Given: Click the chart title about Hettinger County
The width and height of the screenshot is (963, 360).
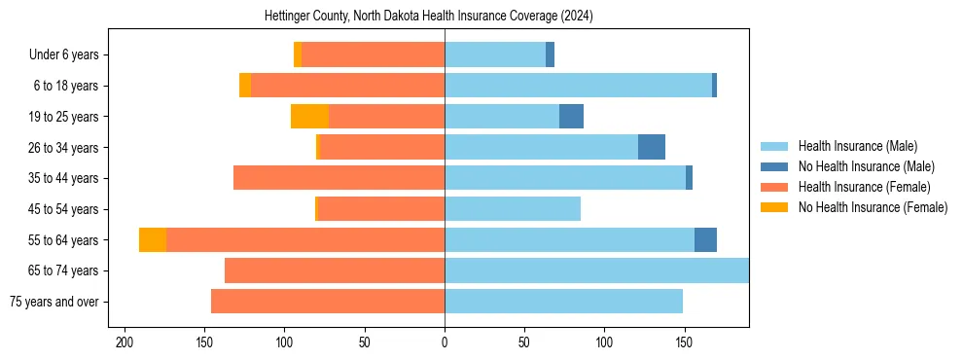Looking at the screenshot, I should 429,17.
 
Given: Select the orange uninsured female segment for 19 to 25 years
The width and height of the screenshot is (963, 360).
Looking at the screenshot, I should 309,117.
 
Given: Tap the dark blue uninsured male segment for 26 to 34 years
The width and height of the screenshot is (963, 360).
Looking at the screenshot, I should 652,147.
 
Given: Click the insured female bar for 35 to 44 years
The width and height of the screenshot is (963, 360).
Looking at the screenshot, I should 339,178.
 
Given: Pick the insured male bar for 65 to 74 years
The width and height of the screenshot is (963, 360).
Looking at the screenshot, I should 596,270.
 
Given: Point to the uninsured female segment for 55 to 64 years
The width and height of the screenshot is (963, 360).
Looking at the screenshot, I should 153,240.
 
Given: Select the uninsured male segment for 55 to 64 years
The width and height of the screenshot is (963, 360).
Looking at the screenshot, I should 705,240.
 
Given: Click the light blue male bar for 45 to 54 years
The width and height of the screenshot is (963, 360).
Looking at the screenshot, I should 513,209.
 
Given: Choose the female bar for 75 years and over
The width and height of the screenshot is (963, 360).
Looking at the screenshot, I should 328,302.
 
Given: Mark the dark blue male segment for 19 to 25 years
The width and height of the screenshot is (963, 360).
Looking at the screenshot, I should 571,117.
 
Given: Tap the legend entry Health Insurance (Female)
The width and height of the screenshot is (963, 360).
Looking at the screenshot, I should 864,187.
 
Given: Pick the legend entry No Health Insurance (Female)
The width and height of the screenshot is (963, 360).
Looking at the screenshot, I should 873,207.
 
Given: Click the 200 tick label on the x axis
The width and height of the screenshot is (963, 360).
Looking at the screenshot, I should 125,342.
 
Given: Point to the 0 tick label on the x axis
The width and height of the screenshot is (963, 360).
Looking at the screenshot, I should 445,342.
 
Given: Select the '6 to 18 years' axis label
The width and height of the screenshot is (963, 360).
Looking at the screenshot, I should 65,86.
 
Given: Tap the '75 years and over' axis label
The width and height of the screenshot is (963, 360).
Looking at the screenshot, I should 55,302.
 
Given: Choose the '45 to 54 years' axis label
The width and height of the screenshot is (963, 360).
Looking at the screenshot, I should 62,209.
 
